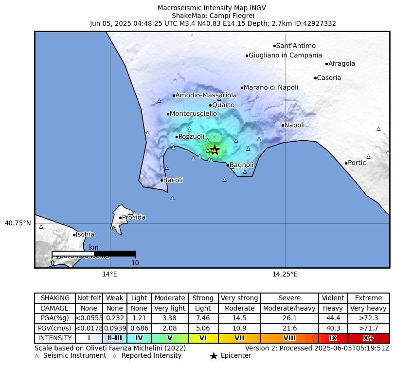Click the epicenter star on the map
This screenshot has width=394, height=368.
tap(215, 150)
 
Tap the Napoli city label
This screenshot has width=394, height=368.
tap(294, 125)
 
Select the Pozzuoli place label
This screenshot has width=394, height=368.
tap(191, 137)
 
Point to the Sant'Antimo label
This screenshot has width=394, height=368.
tap(296, 46)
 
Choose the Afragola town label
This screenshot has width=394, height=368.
tap(341, 63)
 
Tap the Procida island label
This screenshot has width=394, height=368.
tap(133, 218)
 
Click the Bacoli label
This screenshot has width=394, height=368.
tap(173, 180)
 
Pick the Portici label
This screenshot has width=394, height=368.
tap(358, 163)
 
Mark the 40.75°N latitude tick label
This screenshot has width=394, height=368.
tap(18, 223)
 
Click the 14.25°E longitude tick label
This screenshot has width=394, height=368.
tap(285, 274)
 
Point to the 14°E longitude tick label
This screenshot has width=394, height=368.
tap(109, 274)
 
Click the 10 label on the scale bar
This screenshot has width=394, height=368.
tap(135, 263)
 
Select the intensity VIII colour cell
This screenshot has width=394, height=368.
tap(289, 338)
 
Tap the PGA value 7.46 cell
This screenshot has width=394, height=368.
tap(203, 318)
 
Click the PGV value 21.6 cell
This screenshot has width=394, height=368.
tap(289, 328)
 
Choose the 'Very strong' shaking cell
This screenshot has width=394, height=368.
tap(239, 298)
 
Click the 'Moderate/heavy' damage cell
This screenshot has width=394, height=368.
tap(289, 308)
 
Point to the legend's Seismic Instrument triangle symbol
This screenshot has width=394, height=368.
tap(37, 356)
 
